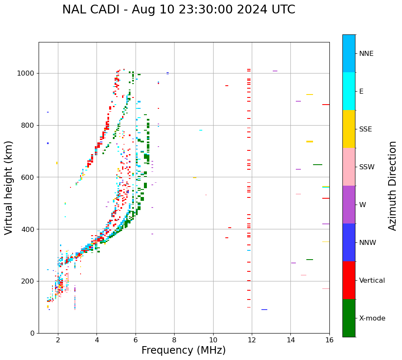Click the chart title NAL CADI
tap(178, 10)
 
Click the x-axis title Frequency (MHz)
tap(183, 350)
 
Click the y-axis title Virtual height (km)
tap(9, 187)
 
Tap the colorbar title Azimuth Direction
tap(392, 186)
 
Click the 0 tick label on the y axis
tap(32, 333)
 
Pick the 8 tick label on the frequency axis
tap(174, 339)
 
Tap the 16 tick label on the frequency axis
tap(329, 339)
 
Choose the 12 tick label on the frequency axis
tap(252, 339)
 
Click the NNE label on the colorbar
tap(366, 54)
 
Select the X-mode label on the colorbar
tap(372, 318)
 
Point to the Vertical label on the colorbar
tap(372, 281)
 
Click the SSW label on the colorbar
tap(367, 167)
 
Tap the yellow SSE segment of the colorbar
tap(349, 129)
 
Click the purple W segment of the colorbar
tap(349, 205)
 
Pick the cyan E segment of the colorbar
tap(349, 91)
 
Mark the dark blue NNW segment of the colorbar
tap(349, 242)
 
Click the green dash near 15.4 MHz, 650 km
tap(318, 165)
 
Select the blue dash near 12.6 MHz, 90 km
tap(264, 310)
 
